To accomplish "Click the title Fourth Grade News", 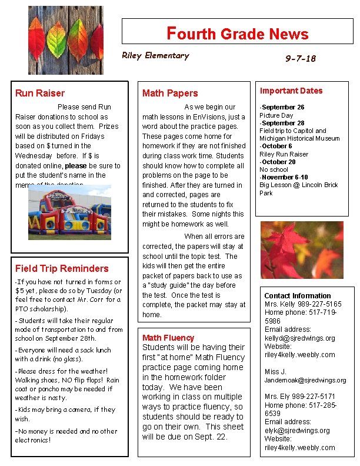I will point(238,34).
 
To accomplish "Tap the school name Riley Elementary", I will point(155,56).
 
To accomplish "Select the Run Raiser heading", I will point(40,93).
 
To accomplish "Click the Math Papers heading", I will point(170,93).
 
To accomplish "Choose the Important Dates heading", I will point(291,91).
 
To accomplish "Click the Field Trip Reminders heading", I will point(62,268).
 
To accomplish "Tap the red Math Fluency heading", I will point(168,338).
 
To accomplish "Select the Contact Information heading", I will point(297,296).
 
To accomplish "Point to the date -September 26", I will point(282,108).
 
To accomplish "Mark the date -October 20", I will point(278,162).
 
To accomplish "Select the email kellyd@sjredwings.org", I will point(299,338).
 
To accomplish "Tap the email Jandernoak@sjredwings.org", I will point(305,380).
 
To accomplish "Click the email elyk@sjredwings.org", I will point(297,431).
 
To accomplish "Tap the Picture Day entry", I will point(276,115).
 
